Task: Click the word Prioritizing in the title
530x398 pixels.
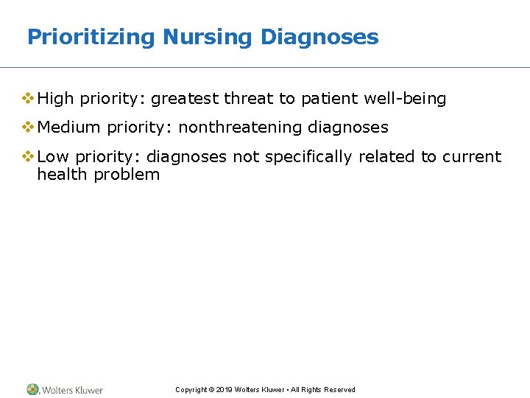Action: (x=91, y=37)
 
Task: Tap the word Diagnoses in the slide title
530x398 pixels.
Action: (x=319, y=37)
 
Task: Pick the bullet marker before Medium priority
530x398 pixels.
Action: (x=29, y=128)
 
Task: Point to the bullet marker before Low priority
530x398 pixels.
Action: (x=29, y=156)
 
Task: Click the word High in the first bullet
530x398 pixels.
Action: (x=56, y=99)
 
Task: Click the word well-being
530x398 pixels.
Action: (x=405, y=99)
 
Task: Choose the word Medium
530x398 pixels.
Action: (x=68, y=128)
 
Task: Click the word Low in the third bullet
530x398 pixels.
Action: (x=53, y=156)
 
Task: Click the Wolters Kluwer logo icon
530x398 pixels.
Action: (x=33, y=389)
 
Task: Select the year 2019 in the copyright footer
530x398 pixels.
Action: (x=225, y=390)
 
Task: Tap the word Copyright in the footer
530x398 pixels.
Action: (x=191, y=390)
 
